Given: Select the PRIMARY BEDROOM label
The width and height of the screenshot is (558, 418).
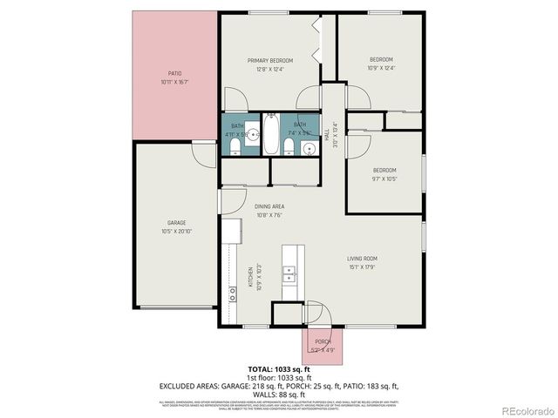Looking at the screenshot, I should click(269, 60).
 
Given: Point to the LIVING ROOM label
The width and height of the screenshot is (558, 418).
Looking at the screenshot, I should click(362, 258).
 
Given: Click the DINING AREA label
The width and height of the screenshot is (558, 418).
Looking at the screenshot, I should click(269, 206).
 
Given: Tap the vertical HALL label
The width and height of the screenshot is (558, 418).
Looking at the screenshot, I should click(326, 135).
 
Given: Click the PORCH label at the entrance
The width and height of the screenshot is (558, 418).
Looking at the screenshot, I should click(323, 340).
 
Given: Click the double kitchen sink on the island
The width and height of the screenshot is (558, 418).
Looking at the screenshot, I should click(289, 275).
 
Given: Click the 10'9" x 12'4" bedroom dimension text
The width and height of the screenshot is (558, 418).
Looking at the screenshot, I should click(381, 67).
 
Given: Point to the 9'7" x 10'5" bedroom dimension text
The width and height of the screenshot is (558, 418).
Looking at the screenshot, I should click(384, 179).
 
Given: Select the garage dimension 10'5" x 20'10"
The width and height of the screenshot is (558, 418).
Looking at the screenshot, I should click(176, 232).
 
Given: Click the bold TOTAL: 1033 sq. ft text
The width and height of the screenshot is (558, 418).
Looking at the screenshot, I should click(279, 369).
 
